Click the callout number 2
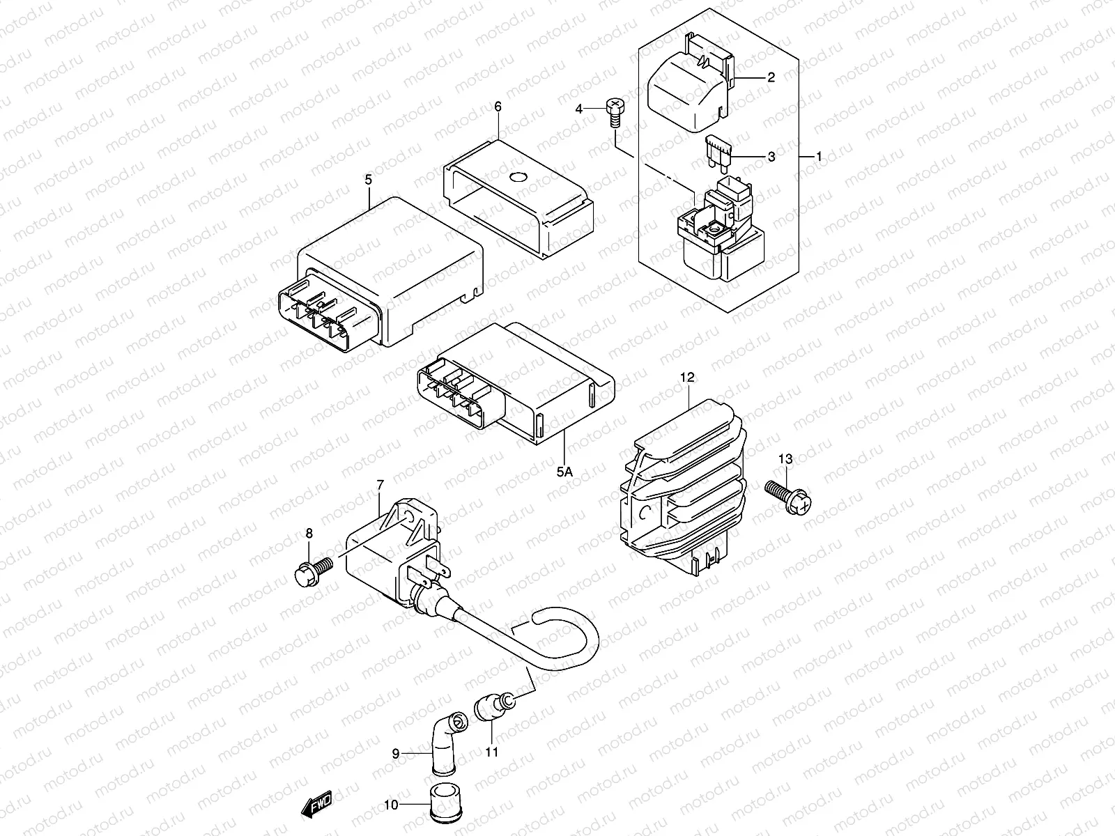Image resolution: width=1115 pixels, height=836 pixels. click(771, 77)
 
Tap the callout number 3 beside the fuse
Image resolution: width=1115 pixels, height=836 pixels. click(771, 157)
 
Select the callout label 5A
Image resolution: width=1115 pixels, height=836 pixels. click(564, 472)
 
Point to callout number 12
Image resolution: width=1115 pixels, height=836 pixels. click(687, 378)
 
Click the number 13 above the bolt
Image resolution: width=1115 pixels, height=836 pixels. click(785, 459)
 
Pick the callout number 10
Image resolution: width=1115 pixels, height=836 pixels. click(391, 805)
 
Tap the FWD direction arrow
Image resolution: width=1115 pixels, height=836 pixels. click(316, 803)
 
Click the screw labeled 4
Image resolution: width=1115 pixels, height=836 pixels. click(615, 114)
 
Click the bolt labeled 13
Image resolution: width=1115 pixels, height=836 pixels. click(788, 497)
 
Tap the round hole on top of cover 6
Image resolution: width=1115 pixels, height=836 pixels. click(518, 177)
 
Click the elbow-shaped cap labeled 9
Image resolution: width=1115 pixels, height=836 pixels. click(449, 743)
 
